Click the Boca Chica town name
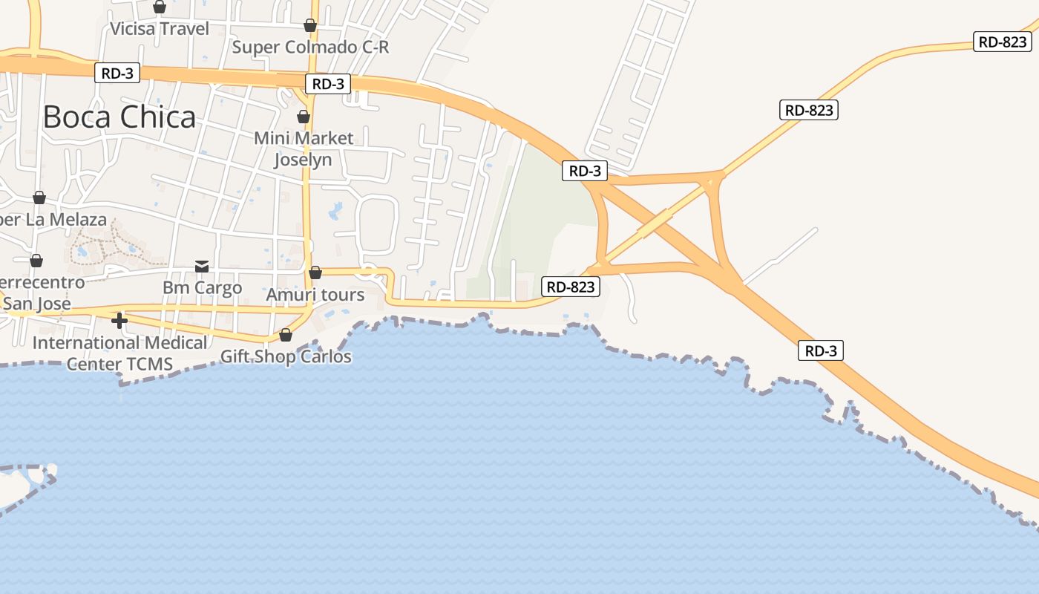tap(119, 117)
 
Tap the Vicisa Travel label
tap(160, 29)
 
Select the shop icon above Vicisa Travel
tap(160, 7)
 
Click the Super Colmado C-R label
tap(310, 47)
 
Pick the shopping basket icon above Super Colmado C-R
tap(310, 26)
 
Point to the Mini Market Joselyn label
tap(304, 148)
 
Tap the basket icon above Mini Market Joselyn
tap(304, 117)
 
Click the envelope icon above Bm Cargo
tap(202, 266)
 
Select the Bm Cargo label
tap(203, 287)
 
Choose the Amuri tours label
tap(315, 295)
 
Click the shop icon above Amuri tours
tap(315, 273)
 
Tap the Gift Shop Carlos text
tap(286, 356)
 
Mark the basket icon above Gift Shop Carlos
tap(286, 336)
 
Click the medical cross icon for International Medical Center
tap(119, 321)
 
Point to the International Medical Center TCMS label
tap(119, 353)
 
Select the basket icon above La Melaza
tap(39, 198)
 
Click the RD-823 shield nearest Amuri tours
tap(571, 287)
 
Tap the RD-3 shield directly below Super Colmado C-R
tap(328, 84)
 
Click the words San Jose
tap(37, 304)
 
